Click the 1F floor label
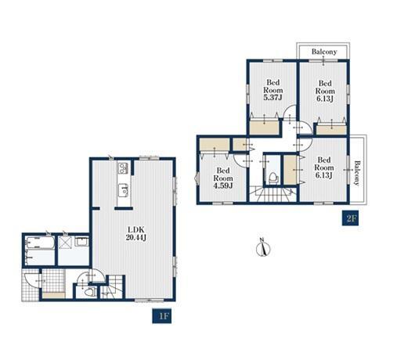[162, 316]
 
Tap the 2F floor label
[352, 218]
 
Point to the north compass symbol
[263, 247]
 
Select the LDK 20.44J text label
[135, 234]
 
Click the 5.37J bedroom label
[273, 90]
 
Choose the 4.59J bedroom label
[223, 178]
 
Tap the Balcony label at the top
[324, 52]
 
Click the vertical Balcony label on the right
[357, 173]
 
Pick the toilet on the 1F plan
[89, 291]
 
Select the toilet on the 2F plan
[273, 178]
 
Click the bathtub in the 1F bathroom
[40, 243]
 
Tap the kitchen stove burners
[123, 168]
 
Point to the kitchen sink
[123, 190]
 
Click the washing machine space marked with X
[63, 242]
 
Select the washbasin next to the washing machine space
[81, 242]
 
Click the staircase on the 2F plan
[272, 195]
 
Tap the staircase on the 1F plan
[113, 287]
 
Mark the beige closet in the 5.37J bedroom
[264, 128]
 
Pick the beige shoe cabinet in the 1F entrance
[53, 295]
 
